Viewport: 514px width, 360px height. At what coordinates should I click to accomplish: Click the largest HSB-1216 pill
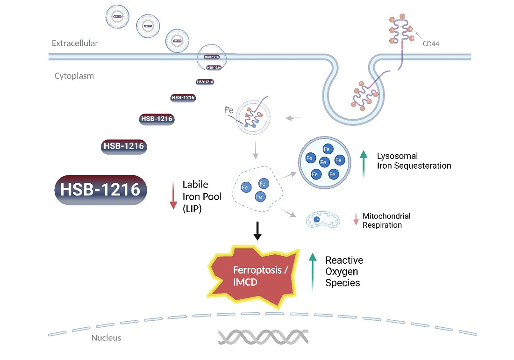101,190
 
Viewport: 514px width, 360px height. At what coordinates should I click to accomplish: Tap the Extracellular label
75,43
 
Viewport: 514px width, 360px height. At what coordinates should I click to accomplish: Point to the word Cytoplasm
74,75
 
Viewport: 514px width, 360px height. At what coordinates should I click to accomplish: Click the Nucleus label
106,338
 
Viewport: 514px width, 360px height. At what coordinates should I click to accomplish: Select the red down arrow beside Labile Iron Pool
173,196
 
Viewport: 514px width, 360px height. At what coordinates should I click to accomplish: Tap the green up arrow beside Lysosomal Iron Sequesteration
363,164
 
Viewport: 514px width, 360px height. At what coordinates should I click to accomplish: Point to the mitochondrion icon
322,219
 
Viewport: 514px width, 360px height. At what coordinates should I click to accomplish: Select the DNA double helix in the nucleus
263,337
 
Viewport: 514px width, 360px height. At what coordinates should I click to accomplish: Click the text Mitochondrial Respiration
386,220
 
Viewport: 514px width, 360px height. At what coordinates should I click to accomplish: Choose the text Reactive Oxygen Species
344,271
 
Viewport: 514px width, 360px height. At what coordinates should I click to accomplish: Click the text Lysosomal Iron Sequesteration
414,160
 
